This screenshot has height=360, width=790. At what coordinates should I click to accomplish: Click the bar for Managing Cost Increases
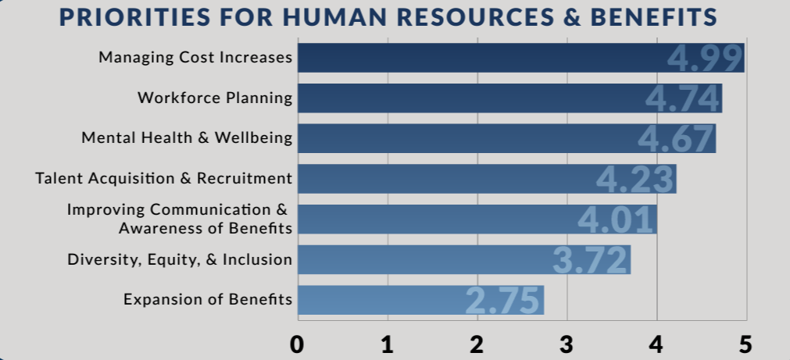click(x=481, y=58)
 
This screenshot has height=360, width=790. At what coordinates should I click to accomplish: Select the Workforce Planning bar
click(x=469, y=98)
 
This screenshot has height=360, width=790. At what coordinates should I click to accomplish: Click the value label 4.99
click(x=706, y=59)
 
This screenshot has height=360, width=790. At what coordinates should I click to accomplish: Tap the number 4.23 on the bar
click(x=635, y=179)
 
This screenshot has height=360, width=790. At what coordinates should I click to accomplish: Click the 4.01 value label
click(x=616, y=219)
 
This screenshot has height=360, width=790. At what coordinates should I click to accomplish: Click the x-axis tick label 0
click(x=297, y=344)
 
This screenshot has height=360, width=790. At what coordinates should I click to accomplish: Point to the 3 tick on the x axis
click(x=567, y=344)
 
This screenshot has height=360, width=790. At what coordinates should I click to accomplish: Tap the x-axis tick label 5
click(x=745, y=344)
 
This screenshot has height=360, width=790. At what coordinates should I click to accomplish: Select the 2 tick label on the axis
click(x=477, y=344)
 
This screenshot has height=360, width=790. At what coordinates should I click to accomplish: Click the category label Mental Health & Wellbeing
click(x=188, y=138)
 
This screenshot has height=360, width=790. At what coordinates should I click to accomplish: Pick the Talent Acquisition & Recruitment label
click(x=164, y=178)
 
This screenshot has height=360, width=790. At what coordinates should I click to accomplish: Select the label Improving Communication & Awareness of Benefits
click(x=179, y=219)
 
